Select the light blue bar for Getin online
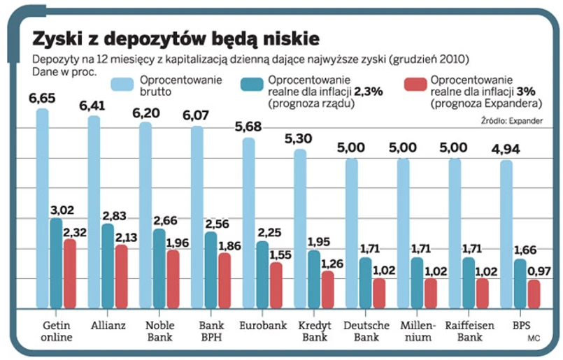(x=43, y=210)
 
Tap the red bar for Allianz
(x=121, y=276)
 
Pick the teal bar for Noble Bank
(x=159, y=268)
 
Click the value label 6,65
(x=42, y=98)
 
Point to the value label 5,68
(x=248, y=127)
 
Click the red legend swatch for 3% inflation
(x=415, y=85)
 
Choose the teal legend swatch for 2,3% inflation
(x=252, y=85)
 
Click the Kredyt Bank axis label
(x=314, y=332)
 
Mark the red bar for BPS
(x=534, y=294)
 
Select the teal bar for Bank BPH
(x=211, y=270)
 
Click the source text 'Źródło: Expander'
(x=512, y=122)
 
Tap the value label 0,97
(x=538, y=270)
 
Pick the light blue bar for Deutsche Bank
(x=352, y=234)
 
